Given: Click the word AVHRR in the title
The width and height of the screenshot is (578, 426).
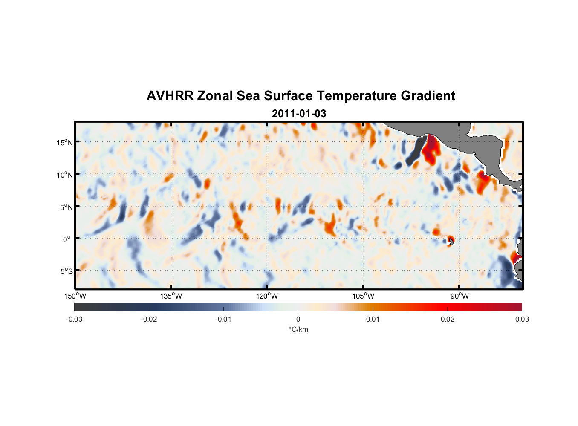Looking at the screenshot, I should pos(170,96).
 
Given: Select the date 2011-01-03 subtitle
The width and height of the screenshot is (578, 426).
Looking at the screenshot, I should pos(299,114).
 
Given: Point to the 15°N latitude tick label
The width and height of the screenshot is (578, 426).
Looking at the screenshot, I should pos(65,142).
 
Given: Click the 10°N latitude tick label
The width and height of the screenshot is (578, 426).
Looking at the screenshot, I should pos(65,175).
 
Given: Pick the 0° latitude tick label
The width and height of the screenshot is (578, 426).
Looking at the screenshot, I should pos(67,239).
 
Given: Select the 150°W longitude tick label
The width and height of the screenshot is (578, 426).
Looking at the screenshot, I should pos(75,296).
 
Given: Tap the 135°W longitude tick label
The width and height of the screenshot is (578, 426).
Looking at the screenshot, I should pos(171,296).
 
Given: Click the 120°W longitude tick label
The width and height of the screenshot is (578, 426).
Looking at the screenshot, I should pos(267,296).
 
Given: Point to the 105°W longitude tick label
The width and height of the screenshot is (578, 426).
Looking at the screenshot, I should pos(363,296).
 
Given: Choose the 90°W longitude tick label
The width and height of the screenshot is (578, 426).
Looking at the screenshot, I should pos(460,296).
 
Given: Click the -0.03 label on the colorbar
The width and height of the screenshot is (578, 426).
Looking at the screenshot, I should pos(74,319).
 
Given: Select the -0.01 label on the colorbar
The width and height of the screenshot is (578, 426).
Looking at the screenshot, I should pos(223,319).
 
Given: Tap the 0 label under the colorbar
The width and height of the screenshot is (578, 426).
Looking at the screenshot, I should pos(298,319).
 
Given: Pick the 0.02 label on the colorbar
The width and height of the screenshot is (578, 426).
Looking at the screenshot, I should pos(448,319).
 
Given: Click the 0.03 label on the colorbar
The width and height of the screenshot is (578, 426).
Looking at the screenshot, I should pos(522,319).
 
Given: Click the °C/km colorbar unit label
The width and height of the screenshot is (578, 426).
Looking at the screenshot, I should pos(298,329).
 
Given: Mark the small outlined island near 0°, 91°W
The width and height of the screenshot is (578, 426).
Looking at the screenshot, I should pos(451,241).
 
